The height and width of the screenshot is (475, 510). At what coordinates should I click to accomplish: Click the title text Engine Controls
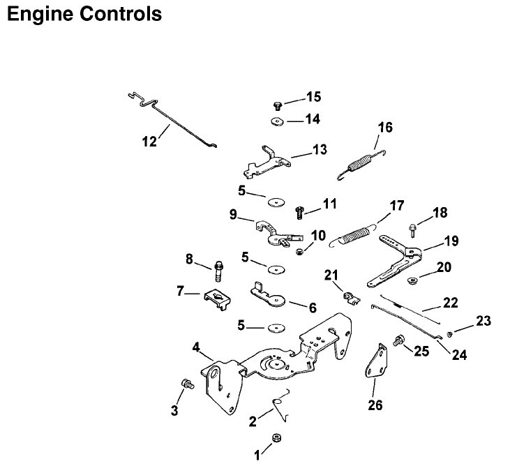(x=84, y=13)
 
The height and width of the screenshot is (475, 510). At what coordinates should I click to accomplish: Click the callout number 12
(x=149, y=141)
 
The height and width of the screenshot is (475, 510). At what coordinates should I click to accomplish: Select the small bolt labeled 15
(x=277, y=105)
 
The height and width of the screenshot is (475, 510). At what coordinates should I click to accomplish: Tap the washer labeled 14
(x=277, y=123)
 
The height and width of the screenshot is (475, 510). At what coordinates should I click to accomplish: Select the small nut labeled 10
(x=299, y=251)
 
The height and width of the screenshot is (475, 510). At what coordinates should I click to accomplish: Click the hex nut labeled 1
(x=276, y=438)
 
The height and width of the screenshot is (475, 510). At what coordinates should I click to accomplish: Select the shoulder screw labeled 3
(x=186, y=384)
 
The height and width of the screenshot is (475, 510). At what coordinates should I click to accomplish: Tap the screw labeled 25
(x=400, y=341)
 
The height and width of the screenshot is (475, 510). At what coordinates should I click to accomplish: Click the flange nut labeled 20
(x=412, y=281)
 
